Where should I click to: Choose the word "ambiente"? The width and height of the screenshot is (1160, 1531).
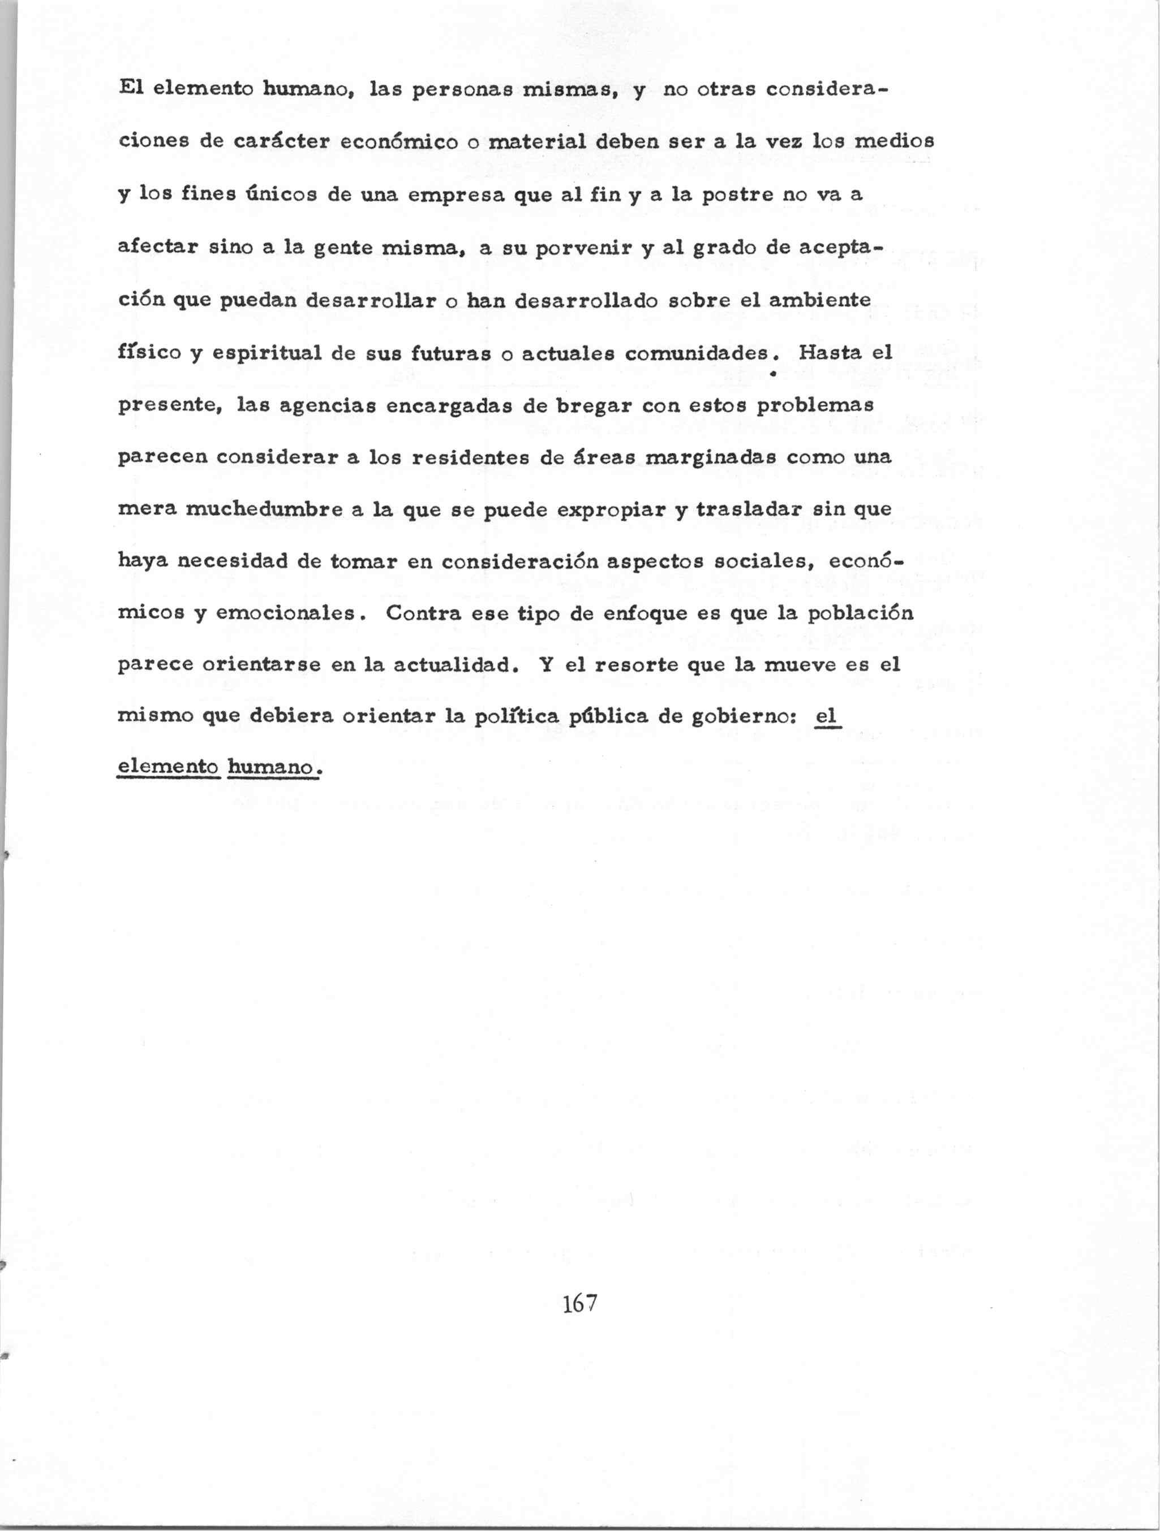tap(819, 300)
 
